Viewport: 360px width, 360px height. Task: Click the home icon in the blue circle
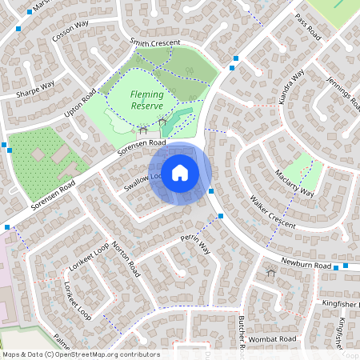tap(180, 173)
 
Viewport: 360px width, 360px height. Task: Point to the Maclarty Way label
tap(295, 183)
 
